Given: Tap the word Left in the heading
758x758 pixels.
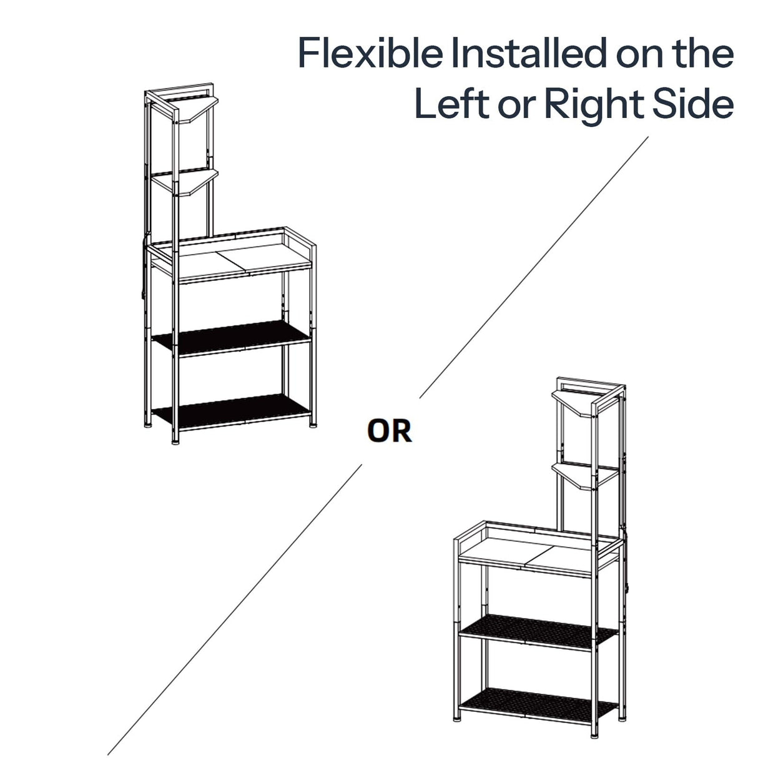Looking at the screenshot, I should (x=452, y=104).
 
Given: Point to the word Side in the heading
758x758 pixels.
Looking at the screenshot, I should (x=692, y=104).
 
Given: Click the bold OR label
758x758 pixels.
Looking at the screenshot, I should (x=389, y=431).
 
